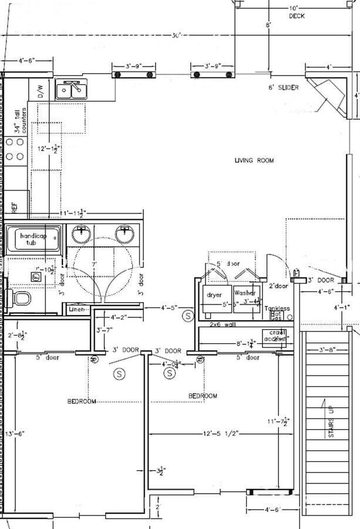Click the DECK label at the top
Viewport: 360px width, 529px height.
[x=297, y=16]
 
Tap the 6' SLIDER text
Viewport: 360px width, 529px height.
[x=283, y=88]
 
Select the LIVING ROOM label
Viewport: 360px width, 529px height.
[x=254, y=160]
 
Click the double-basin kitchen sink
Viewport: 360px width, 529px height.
[x=72, y=90]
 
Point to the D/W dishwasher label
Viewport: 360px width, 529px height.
[x=41, y=91]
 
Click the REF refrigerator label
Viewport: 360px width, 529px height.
[x=14, y=207]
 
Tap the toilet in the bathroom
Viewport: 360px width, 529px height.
[x=21, y=299]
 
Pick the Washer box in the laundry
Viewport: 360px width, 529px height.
[x=244, y=293]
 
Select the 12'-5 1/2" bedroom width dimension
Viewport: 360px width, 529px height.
[x=220, y=434]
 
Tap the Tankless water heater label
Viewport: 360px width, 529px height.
[x=277, y=309]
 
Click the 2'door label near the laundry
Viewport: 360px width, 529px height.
[x=279, y=286]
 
